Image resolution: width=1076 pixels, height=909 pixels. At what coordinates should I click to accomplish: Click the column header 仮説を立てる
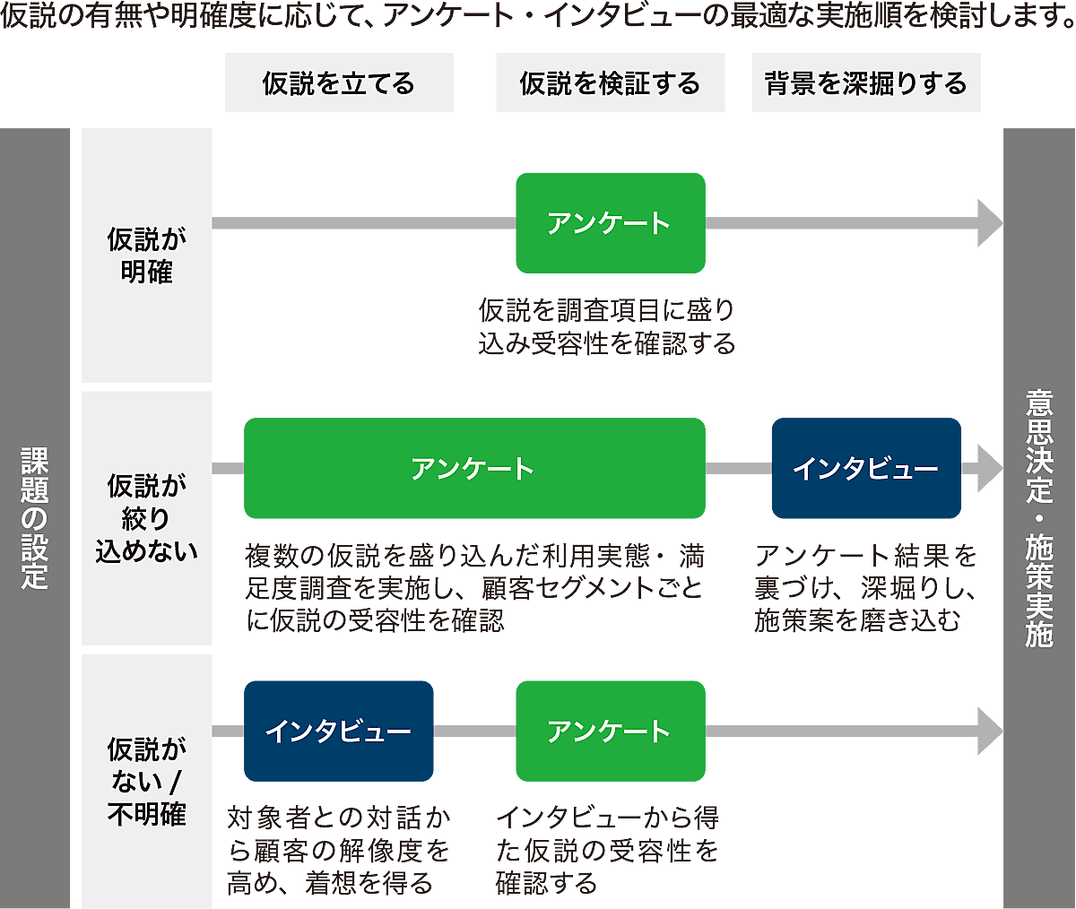339,83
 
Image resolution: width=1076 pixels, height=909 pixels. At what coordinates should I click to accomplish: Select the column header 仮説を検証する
610,83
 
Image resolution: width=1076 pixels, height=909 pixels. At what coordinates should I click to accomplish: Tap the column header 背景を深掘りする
866,83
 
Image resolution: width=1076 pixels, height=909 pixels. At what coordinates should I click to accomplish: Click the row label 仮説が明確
146,255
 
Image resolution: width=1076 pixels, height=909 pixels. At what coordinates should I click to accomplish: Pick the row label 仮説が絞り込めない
146,518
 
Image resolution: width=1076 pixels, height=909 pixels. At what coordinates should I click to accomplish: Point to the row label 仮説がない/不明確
146,781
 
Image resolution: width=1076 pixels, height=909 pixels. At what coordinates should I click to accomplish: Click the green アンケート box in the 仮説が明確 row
610,222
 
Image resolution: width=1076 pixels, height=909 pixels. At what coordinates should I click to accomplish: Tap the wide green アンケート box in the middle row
473,468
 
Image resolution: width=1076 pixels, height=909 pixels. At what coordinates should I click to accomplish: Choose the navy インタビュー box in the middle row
865,468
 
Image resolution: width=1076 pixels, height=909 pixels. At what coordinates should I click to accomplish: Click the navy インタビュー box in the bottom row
338,731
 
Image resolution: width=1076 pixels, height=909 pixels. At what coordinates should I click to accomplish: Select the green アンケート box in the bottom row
610,731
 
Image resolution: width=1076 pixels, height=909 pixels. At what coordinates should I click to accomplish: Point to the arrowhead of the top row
990,222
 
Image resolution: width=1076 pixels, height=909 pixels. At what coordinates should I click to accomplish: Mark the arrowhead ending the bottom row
990,731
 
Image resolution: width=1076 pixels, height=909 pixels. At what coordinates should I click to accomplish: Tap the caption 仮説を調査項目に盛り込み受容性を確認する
607,327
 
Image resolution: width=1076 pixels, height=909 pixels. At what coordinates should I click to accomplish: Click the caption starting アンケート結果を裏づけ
865,588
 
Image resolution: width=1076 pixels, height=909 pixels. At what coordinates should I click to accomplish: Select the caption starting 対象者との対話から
338,850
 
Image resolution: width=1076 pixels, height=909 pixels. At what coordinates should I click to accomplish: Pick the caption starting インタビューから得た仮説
607,850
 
